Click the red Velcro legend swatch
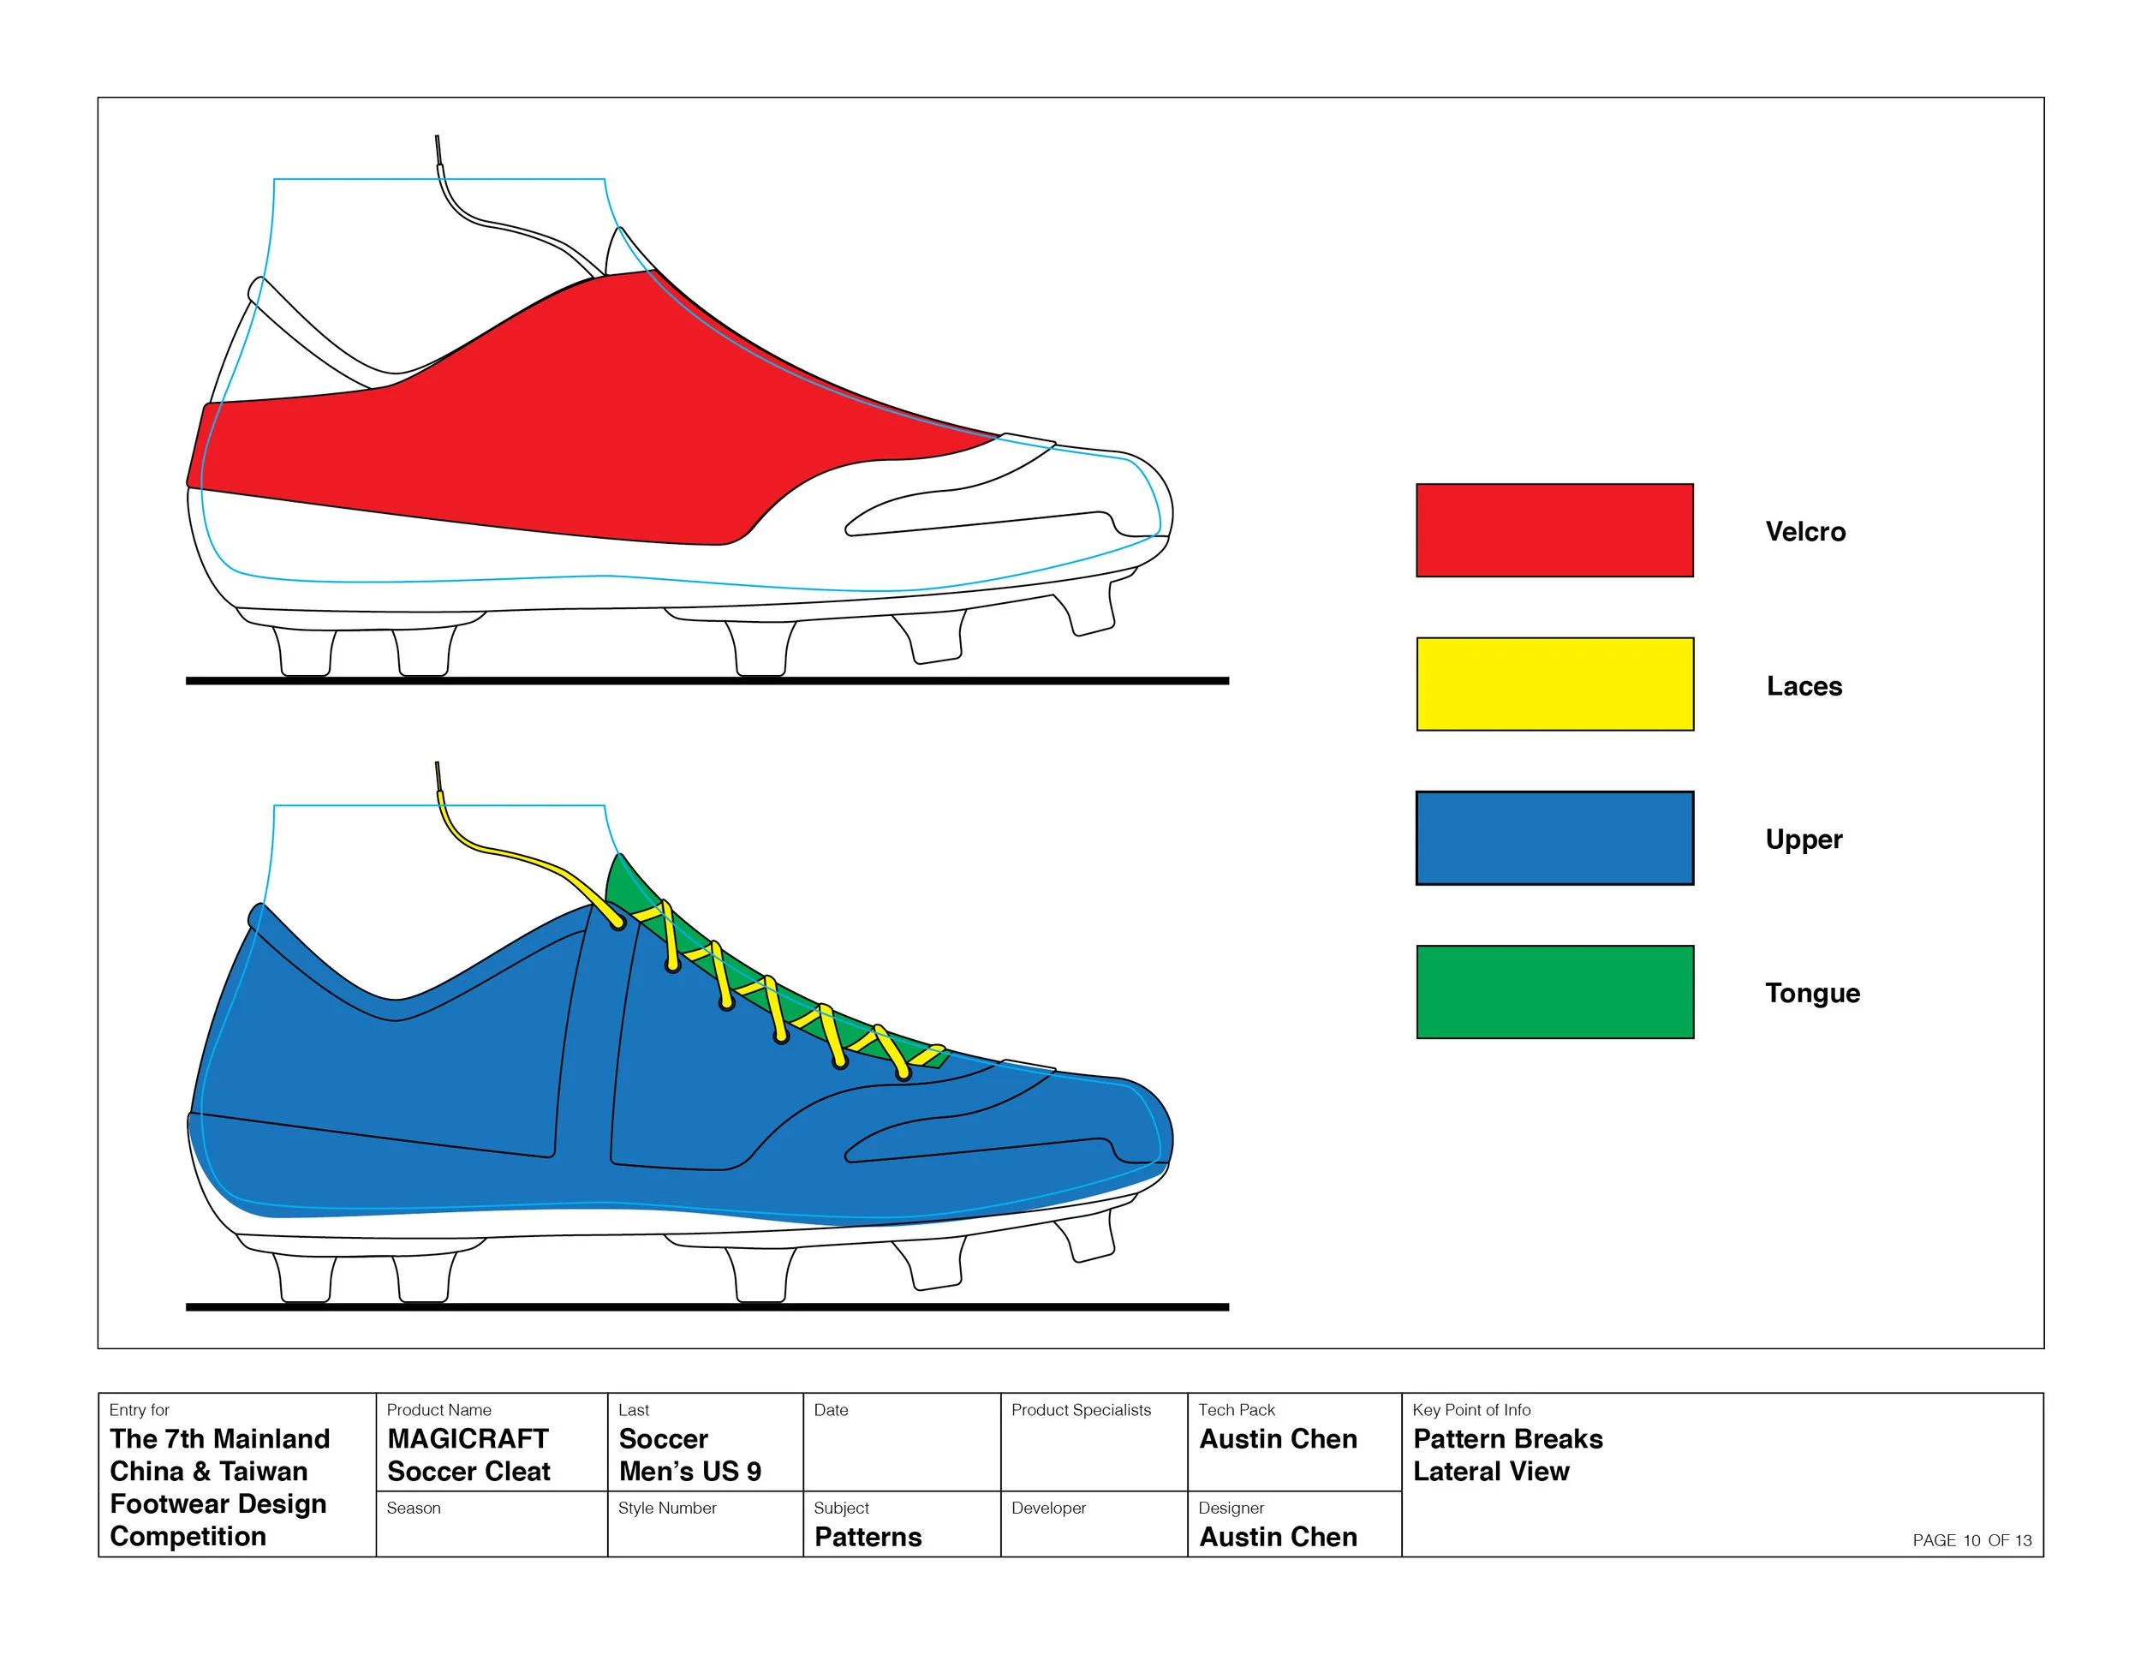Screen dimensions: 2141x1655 click(x=1554, y=530)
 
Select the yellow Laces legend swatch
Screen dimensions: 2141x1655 click(x=1554, y=684)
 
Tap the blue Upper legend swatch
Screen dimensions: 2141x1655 click(x=1554, y=839)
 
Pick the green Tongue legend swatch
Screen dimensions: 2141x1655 click(x=1554, y=992)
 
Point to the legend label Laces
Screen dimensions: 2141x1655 click(x=1804, y=686)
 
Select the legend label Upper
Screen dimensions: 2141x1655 click(x=1804, y=839)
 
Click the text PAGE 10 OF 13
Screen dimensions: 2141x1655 click(x=1971, y=1540)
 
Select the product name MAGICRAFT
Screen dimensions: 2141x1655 click(x=468, y=1438)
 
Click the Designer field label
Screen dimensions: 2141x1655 click(x=1231, y=1508)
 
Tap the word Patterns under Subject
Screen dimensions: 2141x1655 click(x=868, y=1537)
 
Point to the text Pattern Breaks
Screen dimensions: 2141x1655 click(x=1508, y=1438)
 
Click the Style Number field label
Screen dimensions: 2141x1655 click(x=666, y=1508)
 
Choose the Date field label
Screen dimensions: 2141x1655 click(x=831, y=1410)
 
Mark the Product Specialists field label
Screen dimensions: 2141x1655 click(x=1082, y=1410)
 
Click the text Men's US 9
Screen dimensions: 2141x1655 click(x=690, y=1471)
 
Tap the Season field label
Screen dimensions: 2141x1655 click(x=413, y=1508)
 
